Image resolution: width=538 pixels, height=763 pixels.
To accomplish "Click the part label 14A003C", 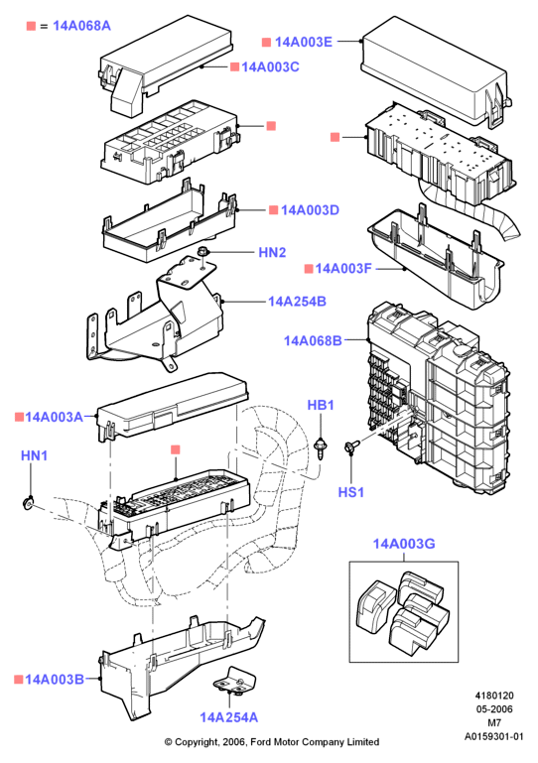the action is click(x=270, y=67).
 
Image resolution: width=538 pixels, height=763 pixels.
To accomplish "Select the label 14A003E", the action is click(x=304, y=42).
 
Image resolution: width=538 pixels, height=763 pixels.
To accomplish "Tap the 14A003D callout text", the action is click(x=310, y=210).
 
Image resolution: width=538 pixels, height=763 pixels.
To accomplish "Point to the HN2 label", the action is click(x=272, y=253).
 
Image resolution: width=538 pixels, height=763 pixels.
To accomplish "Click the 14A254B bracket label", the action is click(x=297, y=302).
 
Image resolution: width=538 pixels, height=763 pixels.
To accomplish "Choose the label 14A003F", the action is click(x=343, y=269).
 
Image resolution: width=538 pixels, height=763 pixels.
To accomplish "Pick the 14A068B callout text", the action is click(x=313, y=340).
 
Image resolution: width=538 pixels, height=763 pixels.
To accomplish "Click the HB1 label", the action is click(x=321, y=406).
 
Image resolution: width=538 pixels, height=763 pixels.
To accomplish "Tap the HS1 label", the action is click(x=351, y=492).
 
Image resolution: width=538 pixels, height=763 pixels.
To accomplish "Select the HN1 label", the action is click(x=34, y=456).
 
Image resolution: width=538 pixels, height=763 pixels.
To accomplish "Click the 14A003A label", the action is click(x=54, y=417).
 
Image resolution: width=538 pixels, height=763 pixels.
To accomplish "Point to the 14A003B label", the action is click(x=54, y=680).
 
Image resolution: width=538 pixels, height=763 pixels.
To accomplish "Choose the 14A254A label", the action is click(x=229, y=717).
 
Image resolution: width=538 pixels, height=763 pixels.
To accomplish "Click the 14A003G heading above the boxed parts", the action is click(x=404, y=544).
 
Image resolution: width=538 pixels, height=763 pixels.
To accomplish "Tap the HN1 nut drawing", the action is click(x=28, y=503).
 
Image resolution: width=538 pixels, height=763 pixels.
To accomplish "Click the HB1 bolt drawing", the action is click(x=321, y=447).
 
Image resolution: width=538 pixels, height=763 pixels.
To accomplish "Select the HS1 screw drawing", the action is click(x=351, y=446).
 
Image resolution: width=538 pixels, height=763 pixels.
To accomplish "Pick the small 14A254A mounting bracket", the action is click(x=234, y=681).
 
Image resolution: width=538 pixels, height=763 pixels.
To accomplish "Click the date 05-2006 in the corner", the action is click(x=494, y=709).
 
